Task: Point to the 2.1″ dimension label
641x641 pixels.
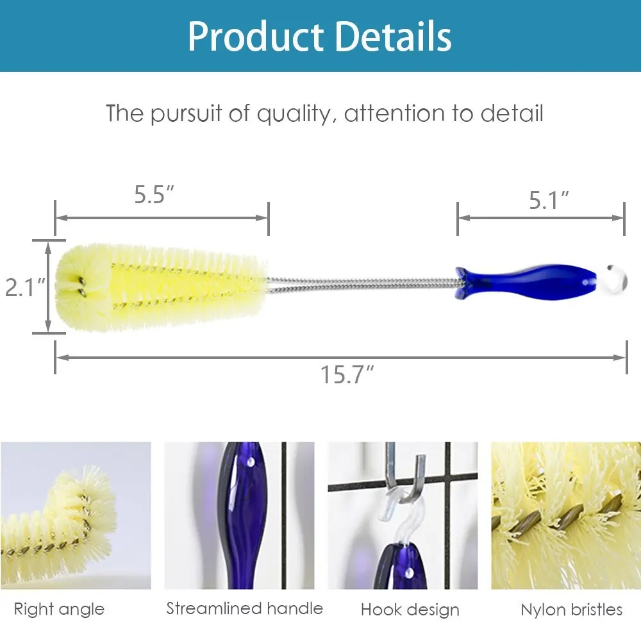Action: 24,287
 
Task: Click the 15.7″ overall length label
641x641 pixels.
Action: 347,374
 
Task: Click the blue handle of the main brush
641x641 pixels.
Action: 526,282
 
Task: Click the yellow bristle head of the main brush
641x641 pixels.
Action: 160,285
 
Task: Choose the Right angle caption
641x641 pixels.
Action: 59,608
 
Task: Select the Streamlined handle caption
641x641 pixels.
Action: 244,608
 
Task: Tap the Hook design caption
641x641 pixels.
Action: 410,609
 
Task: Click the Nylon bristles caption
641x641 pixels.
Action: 571,609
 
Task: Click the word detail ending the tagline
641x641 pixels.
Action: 512,113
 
